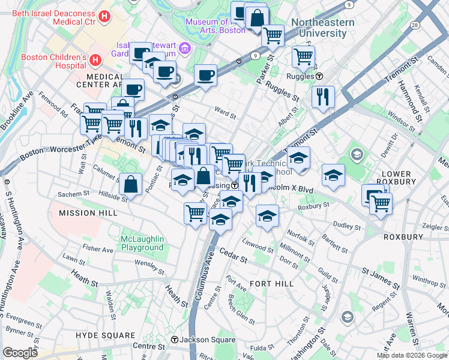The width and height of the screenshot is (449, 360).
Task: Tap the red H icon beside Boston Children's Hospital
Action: point(95,60)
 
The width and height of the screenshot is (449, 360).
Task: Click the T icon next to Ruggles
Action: point(320,76)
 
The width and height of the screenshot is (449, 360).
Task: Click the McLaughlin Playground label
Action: point(142,243)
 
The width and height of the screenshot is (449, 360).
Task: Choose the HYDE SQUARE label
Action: point(106,335)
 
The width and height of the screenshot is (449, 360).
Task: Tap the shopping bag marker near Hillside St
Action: point(130,184)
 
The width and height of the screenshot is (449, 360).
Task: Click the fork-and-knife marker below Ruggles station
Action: point(323,96)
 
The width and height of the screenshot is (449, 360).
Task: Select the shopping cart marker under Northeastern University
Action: point(303,57)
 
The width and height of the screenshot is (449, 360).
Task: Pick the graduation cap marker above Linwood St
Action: point(267,215)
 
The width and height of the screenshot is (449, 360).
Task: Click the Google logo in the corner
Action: point(20,353)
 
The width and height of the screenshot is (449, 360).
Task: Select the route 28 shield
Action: point(415,25)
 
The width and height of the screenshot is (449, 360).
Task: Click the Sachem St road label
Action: point(73,194)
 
